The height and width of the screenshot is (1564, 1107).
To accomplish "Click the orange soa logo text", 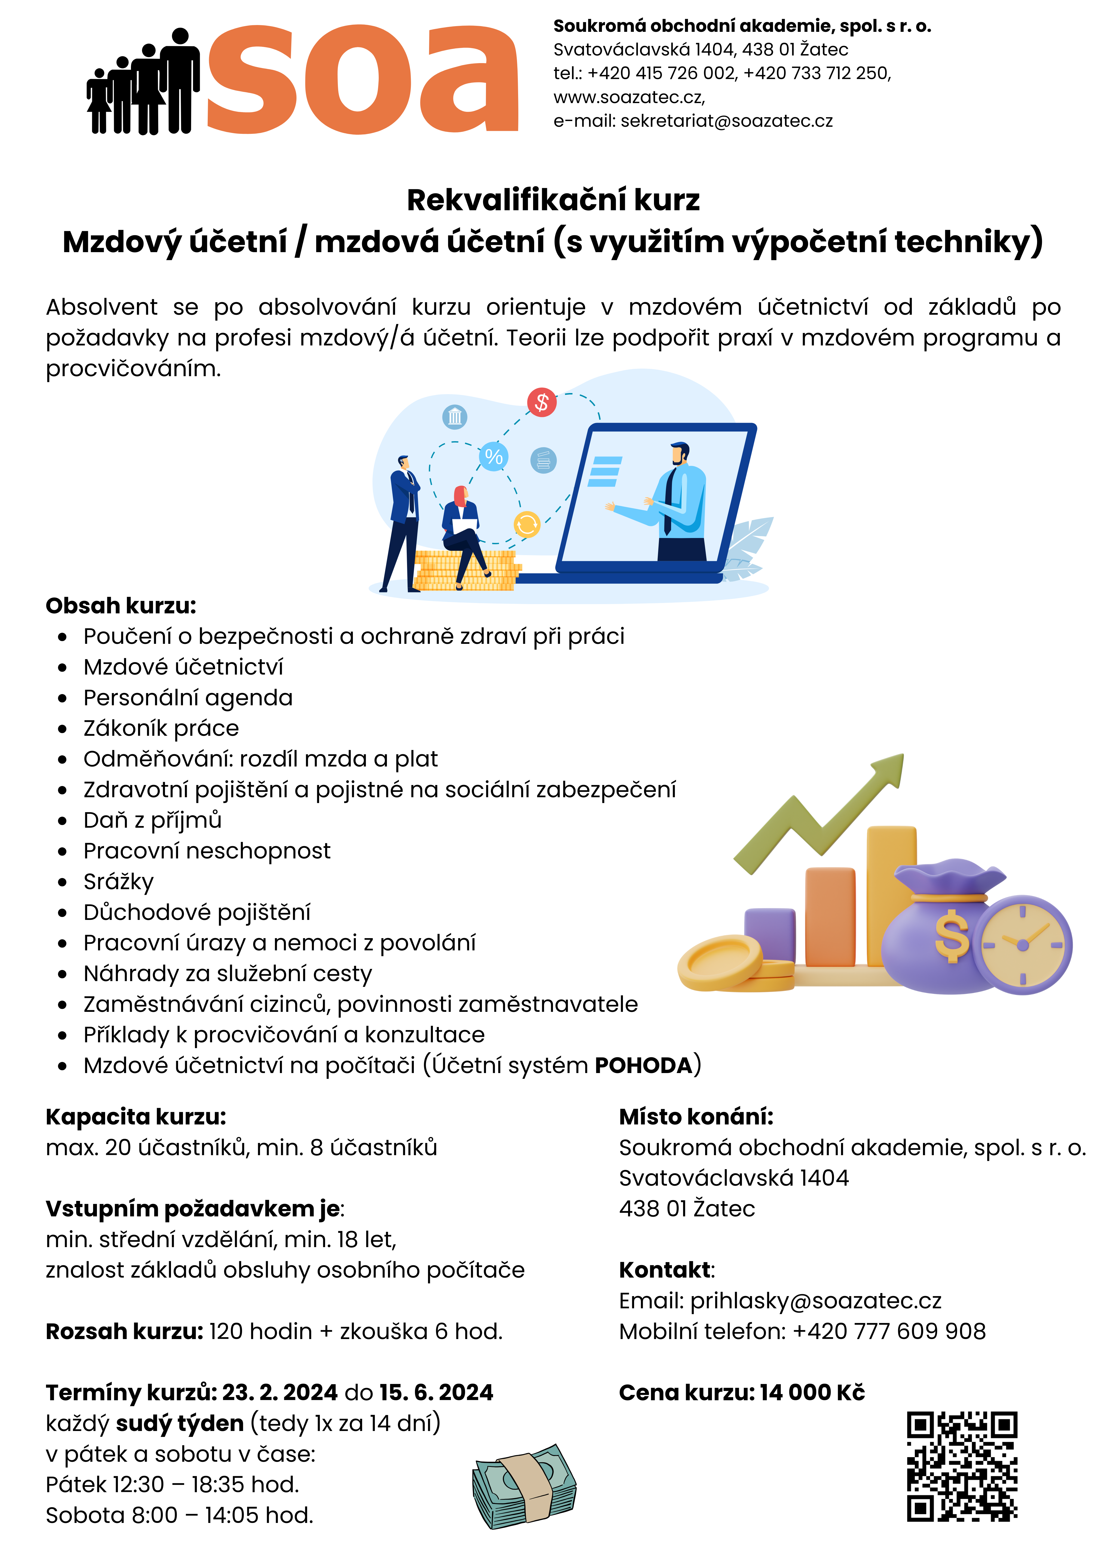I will click(x=361, y=80).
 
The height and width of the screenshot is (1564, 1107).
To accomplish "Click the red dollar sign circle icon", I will click(x=542, y=403).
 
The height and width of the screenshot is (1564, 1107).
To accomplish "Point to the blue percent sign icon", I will click(x=494, y=456).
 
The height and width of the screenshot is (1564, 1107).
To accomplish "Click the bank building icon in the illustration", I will click(x=455, y=416).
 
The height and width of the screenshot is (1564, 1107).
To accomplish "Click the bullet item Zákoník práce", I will click(x=161, y=728).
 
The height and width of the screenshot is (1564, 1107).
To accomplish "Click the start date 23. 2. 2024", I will click(x=280, y=1392).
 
